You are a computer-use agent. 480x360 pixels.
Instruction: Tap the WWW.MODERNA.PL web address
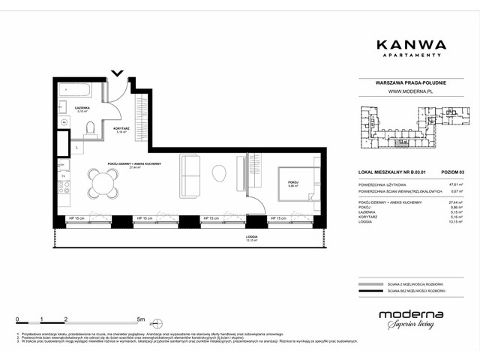[408, 91]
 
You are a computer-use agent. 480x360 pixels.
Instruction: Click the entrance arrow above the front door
[117, 73]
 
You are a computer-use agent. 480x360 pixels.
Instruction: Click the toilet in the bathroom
[88, 130]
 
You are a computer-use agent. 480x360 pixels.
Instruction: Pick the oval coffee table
[219, 174]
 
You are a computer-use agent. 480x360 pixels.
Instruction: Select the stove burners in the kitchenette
[64, 187]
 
